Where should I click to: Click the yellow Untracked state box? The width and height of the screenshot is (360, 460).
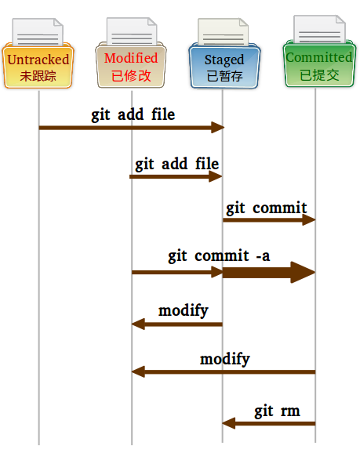coord(38,67)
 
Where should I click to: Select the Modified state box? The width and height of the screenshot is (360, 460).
coord(131,67)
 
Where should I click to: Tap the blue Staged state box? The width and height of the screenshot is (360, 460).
coord(224,68)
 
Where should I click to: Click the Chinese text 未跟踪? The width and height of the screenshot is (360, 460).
coord(38,76)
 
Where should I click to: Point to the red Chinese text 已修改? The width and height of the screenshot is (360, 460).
coord(131,76)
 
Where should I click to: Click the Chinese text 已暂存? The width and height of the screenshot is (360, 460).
coord(224,77)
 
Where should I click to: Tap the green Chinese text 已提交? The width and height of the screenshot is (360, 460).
coord(318,75)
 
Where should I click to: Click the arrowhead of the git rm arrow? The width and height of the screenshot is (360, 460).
coord(228,423)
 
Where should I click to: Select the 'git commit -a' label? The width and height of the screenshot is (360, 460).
coord(219,255)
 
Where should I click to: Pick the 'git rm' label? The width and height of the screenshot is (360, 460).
coord(277,411)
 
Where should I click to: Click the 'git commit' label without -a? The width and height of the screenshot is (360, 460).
coord(267,208)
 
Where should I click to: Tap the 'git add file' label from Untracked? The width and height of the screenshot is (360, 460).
coord(133,114)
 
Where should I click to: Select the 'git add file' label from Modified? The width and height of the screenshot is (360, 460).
coord(176,164)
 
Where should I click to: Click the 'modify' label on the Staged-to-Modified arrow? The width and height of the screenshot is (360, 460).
coord(184,310)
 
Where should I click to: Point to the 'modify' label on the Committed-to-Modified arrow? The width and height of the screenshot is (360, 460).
coord(224,359)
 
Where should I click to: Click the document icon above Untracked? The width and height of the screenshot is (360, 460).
coord(38,33)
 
